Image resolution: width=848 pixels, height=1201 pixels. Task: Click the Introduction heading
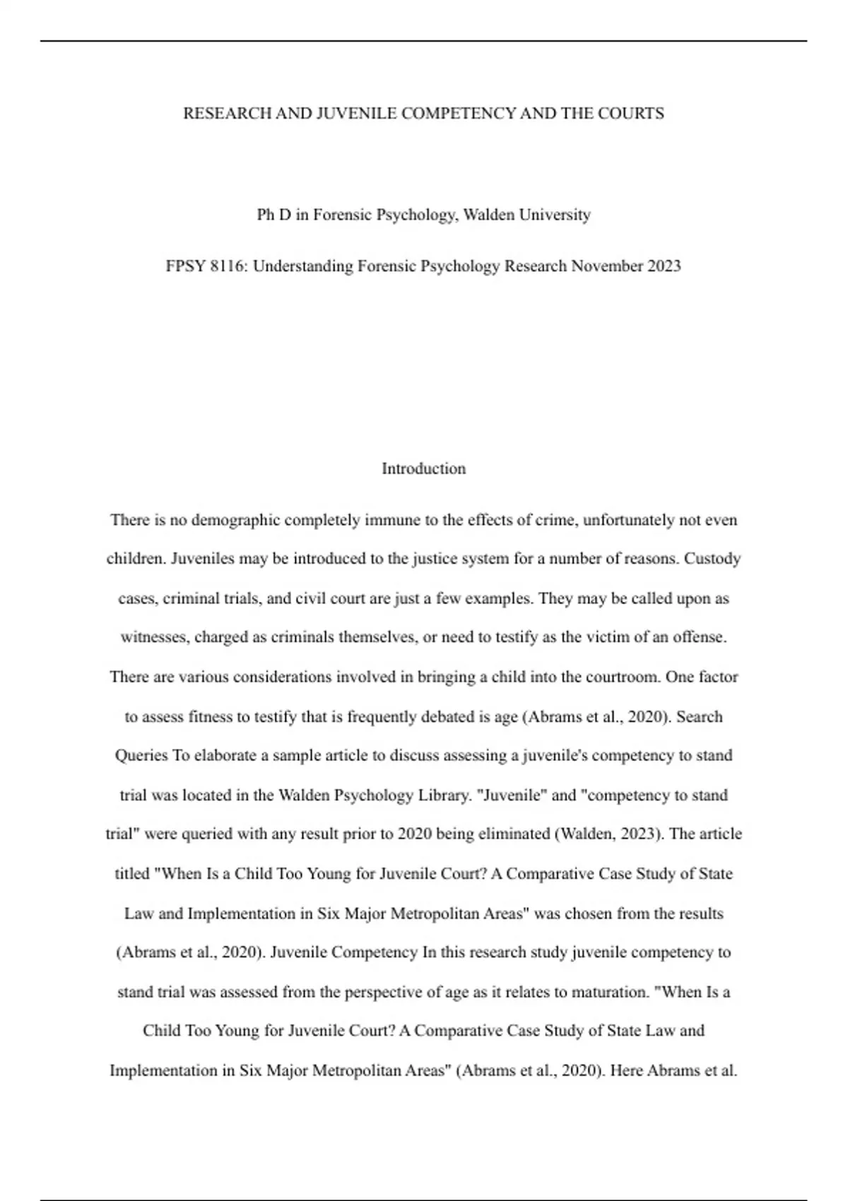(423, 469)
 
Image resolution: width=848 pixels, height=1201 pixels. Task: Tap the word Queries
(141, 755)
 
